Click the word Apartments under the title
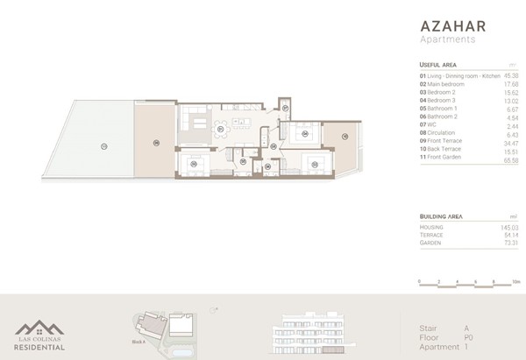(448, 39)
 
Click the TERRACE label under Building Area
(433, 235)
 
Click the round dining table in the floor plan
(227, 131)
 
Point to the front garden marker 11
(103, 145)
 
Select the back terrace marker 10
(345, 136)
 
